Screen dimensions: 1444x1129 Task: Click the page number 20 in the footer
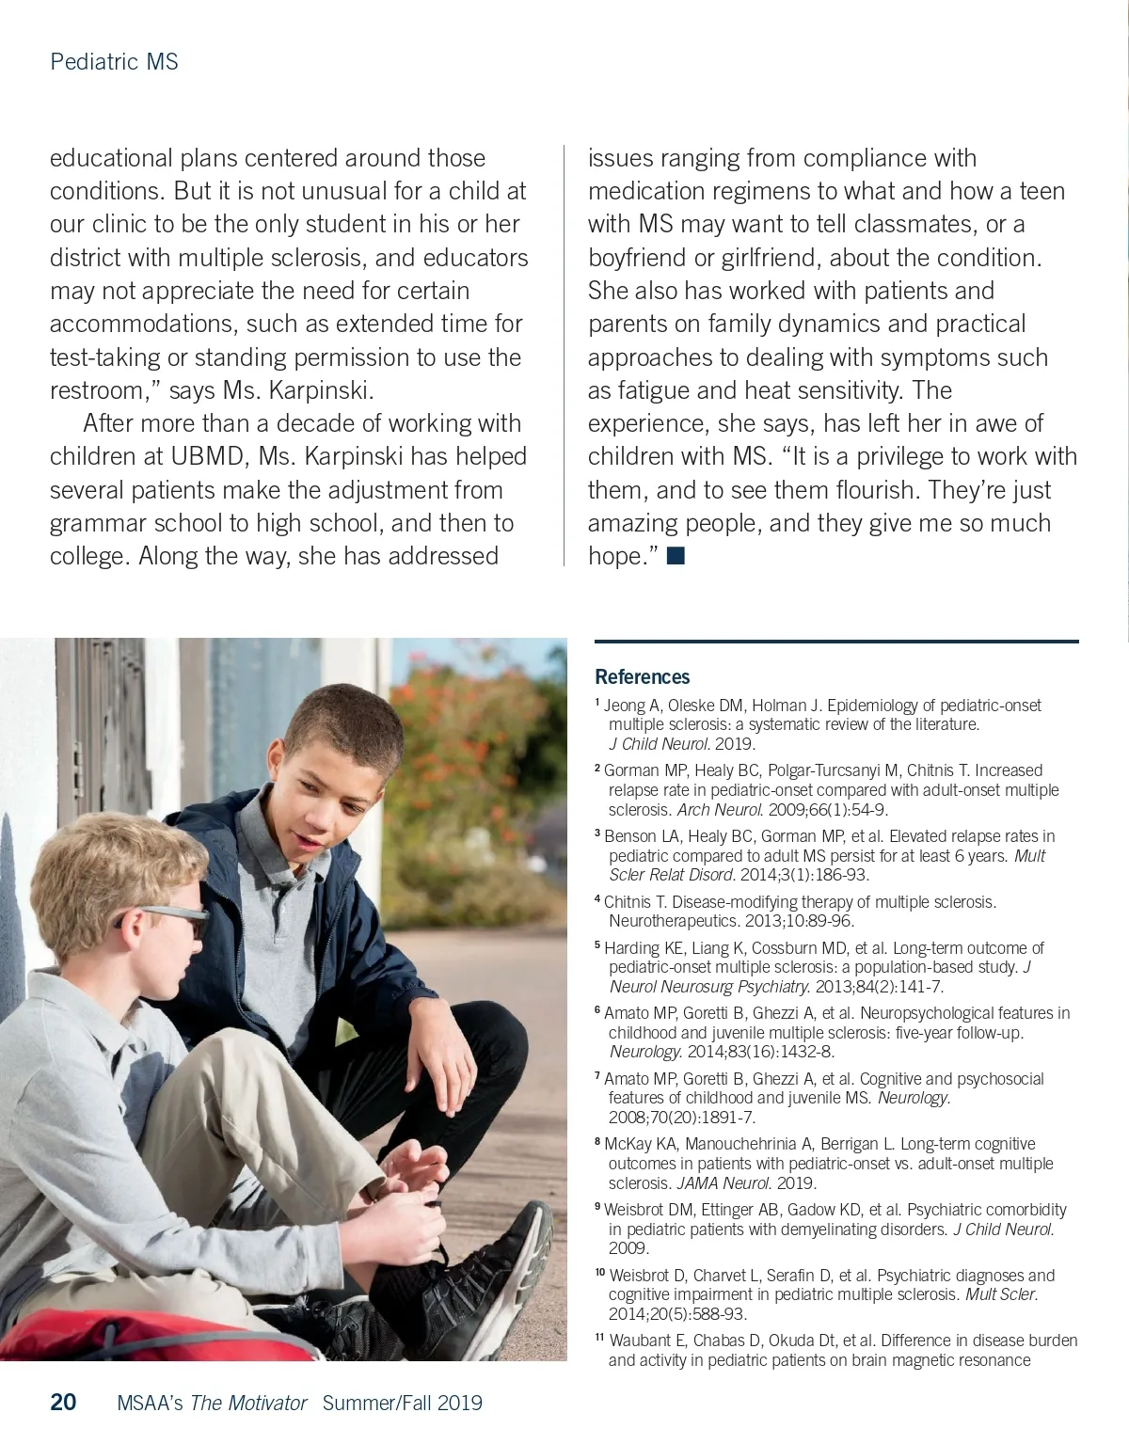(x=63, y=1403)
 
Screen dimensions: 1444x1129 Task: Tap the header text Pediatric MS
(x=114, y=62)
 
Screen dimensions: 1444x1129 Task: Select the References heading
(x=642, y=676)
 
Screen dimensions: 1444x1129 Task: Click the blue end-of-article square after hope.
(x=676, y=556)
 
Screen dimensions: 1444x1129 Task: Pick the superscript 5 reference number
(x=597, y=944)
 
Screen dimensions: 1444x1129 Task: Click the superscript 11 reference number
(x=599, y=1337)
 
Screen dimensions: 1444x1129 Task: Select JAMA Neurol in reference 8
(x=723, y=1183)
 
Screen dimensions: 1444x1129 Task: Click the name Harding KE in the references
(x=642, y=948)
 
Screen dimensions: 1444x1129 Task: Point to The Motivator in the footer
(x=248, y=1404)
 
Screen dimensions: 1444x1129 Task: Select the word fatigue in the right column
(x=657, y=390)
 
